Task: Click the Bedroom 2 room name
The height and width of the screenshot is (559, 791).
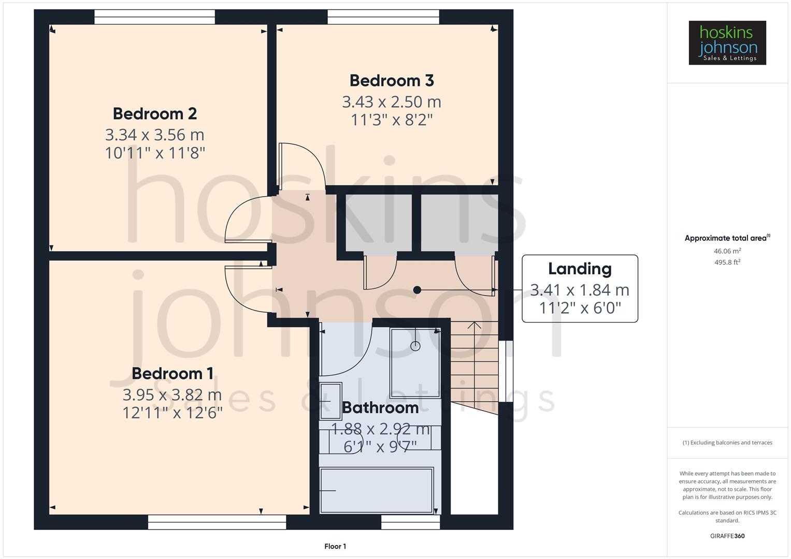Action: (155, 113)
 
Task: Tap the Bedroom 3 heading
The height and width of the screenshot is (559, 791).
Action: (392, 81)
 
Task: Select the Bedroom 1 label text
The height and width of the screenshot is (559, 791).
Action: (172, 373)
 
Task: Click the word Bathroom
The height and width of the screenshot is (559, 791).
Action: (380, 408)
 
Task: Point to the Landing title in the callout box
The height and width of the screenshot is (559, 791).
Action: (580, 269)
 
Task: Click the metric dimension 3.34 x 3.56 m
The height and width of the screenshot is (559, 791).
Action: (155, 135)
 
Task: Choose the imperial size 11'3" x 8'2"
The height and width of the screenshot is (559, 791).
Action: (392, 120)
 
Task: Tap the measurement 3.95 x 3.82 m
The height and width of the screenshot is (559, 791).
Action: (172, 395)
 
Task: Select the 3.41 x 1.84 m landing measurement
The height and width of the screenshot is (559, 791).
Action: (580, 290)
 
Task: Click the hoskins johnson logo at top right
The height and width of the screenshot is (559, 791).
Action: (727, 43)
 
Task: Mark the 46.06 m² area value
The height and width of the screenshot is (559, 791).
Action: (727, 251)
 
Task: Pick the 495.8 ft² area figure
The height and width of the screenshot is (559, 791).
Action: (727, 262)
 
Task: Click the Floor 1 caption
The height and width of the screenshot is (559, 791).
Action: (335, 546)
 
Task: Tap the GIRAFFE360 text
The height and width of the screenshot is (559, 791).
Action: (727, 536)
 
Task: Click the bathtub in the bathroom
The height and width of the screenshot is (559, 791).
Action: (376, 490)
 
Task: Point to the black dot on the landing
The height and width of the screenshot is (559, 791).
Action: (417, 290)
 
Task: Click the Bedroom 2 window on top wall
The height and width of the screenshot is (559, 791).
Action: (154, 17)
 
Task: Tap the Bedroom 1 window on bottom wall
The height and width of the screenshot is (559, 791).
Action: (217, 522)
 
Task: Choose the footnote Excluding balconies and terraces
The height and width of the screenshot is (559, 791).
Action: (727, 443)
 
